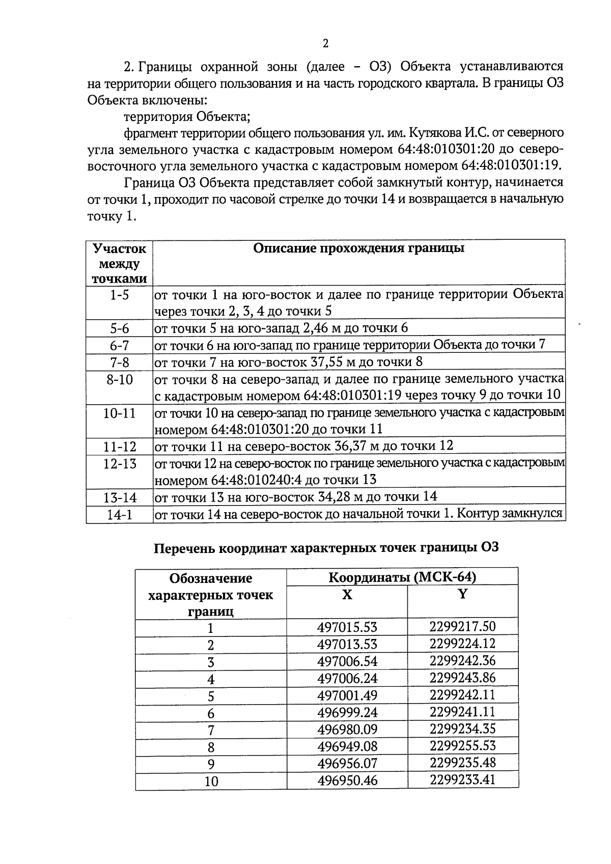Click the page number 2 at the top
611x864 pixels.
tap(325, 43)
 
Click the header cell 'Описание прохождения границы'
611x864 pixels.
tap(358, 248)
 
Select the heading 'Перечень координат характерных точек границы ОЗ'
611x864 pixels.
tap(326, 548)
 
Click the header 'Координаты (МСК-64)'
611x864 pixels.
tap(402, 577)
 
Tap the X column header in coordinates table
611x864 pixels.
tap(347, 595)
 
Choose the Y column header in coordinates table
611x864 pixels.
tap(462, 594)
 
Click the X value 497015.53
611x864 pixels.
tap(347, 627)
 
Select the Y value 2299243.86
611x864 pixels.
tap(462, 678)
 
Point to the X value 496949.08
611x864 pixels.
tap(347, 746)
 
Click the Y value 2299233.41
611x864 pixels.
tap(462, 779)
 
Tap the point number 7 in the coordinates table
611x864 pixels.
tap(211, 730)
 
